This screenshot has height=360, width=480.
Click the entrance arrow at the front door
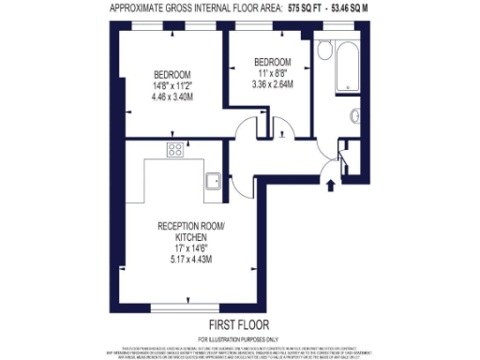pos(329,185)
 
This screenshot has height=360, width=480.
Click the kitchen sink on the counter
pos(214,178)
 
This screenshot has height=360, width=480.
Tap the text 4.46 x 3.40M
pos(173,95)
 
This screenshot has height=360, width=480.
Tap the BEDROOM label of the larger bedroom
pos(173,74)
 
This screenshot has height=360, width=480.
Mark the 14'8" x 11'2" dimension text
pos(173,84)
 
